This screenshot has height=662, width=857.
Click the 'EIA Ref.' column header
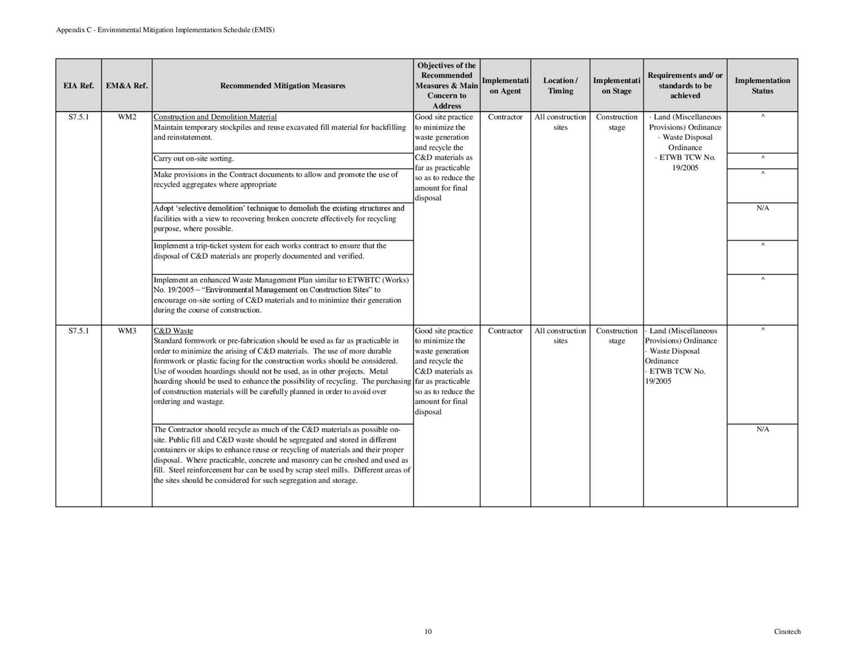pyautogui.click(x=78, y=86)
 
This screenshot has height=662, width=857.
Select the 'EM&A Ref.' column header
pyautogui.click(x=127, y=86)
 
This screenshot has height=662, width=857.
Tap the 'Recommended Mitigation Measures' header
pyautogui.click(x=283, y=86)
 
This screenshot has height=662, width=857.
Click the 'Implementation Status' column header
pyautogui.click(x=762, y=86)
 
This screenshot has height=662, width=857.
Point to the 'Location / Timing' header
pyautogui.click(x=560, y=86)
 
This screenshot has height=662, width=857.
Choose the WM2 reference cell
pyautogui.click(x=127, y=117)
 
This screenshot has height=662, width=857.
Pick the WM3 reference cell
pyautogui.click(x=127, y=331)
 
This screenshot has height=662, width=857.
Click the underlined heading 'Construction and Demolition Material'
pyautogui.click(x=215, y=117)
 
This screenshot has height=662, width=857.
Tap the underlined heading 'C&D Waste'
pyautogui.click(x=173, y=331)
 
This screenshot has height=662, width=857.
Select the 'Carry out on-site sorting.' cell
pyautogui.click(x=194, y=159)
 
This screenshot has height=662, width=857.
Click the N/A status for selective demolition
pyautogui.click(x=762, y=208)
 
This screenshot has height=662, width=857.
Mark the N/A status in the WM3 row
pyautogui.click(x=762, y=430)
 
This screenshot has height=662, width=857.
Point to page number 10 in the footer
pyautogui.click(x=428, y=632)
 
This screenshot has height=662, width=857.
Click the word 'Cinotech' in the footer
pyautogui.click(x=787, y=632)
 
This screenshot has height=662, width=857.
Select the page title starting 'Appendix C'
pyautogui.click(x=165, y=30)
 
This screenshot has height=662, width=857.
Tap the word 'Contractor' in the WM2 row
pyautogui.click(x=505, y=117)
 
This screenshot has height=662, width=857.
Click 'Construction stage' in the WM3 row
pyautogui.click(x=617, y=336)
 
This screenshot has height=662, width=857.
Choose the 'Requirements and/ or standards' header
pyautogui.click(x=685, y=86)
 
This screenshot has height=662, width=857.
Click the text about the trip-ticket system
pyautogui.click(x=270, y=251)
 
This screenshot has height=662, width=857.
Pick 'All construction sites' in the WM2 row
pyautogui.click(x=560, y=122)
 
